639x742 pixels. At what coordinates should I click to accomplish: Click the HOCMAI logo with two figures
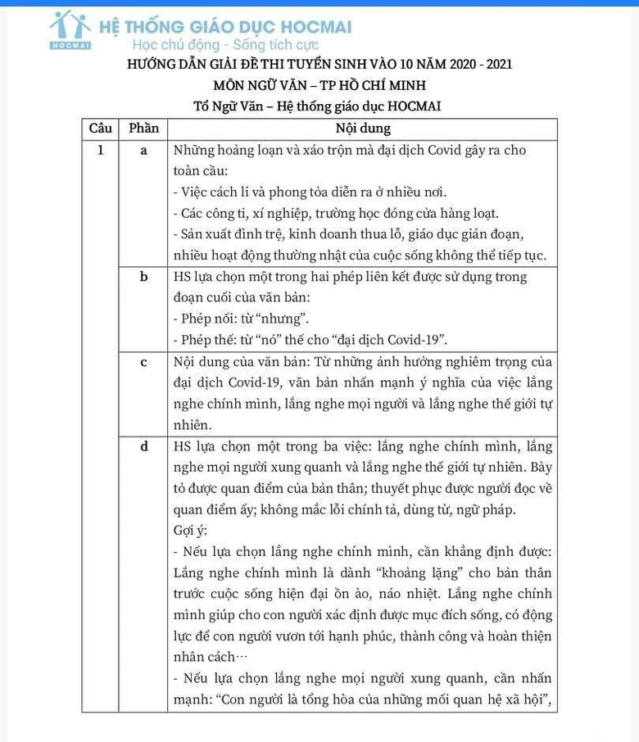point(70,29)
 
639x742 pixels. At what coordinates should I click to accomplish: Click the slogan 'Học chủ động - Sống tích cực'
point(225,45)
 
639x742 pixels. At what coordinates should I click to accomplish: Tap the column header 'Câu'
point(100,129)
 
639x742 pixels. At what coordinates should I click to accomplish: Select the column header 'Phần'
point(143,129)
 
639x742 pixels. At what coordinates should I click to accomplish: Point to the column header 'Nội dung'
point(363,129)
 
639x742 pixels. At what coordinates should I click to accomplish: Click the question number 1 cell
point(100,151)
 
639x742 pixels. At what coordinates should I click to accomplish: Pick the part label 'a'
point(143,151)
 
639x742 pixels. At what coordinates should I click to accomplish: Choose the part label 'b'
point(143,277)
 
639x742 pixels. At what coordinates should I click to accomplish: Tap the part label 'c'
point(143,362)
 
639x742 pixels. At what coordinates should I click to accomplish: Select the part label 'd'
point(143,446)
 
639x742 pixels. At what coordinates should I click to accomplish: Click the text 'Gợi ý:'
point(191,531)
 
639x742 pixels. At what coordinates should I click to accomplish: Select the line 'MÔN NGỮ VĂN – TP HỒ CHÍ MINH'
point(319,85)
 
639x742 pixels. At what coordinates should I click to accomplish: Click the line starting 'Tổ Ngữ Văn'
point(319,106)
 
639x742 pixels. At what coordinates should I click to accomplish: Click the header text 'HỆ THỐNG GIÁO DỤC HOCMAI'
point(225,26)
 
